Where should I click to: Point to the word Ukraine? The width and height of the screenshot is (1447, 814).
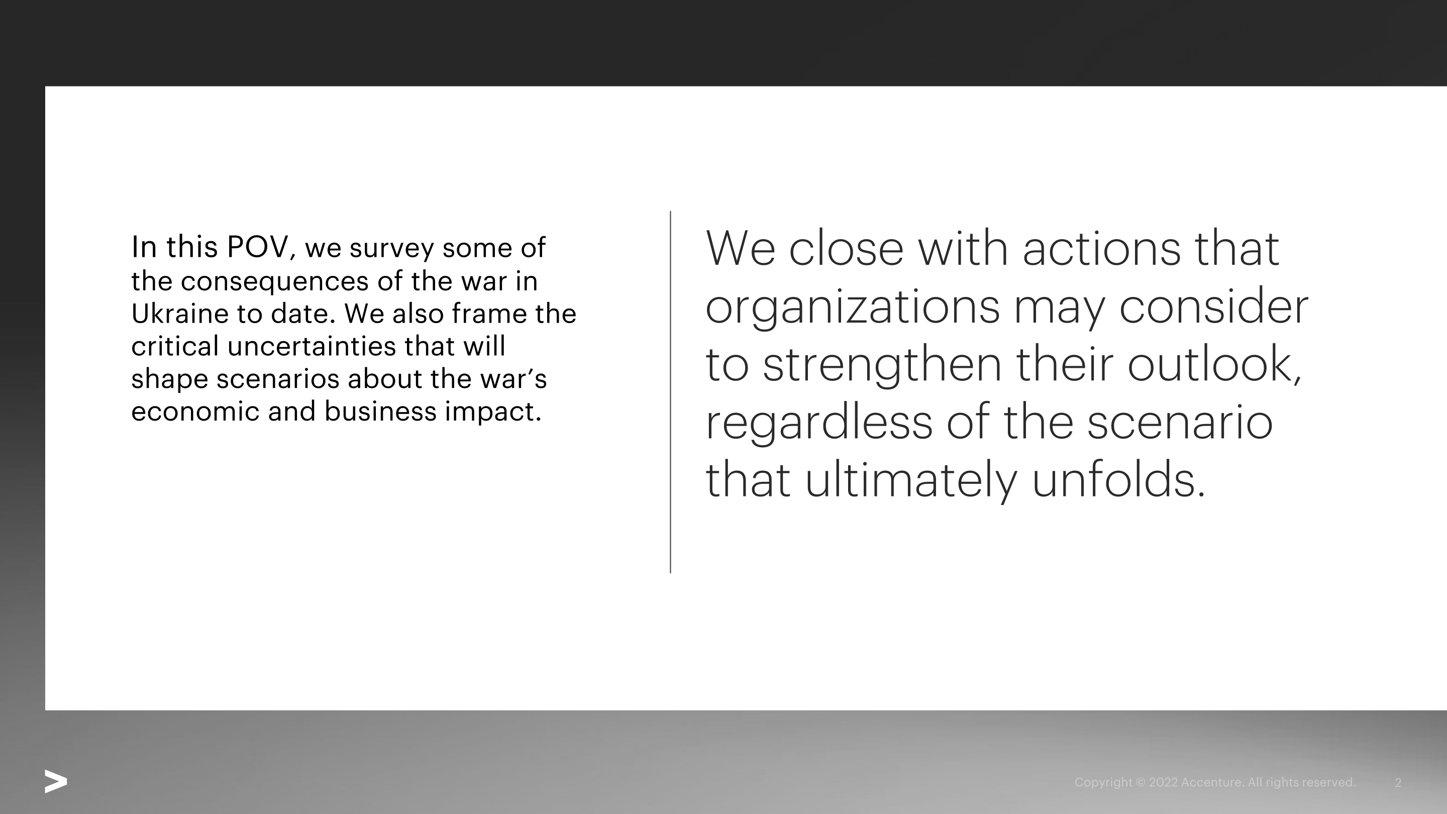180,313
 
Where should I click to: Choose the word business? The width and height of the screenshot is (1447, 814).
380,411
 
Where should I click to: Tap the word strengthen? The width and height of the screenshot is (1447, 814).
882,366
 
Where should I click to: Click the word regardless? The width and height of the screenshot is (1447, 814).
819,423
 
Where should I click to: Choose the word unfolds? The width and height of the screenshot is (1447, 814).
1118,480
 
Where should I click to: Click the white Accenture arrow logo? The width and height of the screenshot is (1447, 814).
56,782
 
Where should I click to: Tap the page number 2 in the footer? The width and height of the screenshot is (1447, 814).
1398,782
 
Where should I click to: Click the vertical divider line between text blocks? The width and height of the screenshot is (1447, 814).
670,392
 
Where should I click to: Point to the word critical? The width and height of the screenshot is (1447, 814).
175,346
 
